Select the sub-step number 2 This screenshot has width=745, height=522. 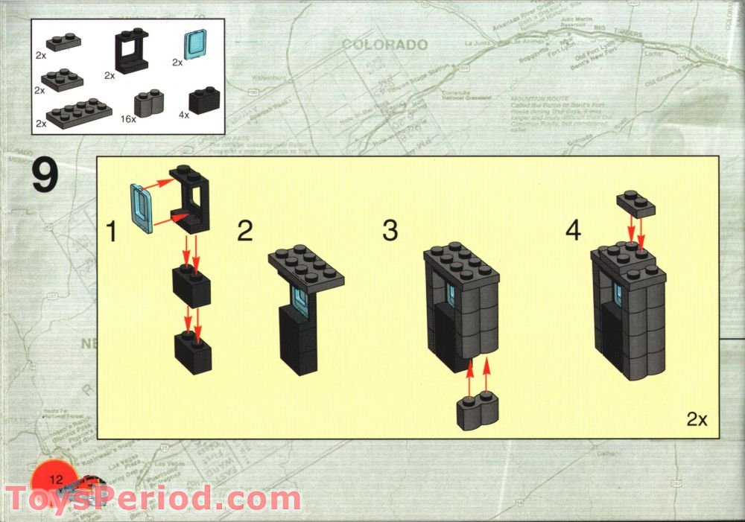(245, 231)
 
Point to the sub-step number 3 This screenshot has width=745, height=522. (390, 231)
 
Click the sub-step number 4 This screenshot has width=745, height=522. (572, 231)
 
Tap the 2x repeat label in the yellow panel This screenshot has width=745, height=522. (697, 419)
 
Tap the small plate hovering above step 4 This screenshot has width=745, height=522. (635, 204)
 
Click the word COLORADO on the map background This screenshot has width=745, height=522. (384, 45)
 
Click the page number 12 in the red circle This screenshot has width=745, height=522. (54, 477)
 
